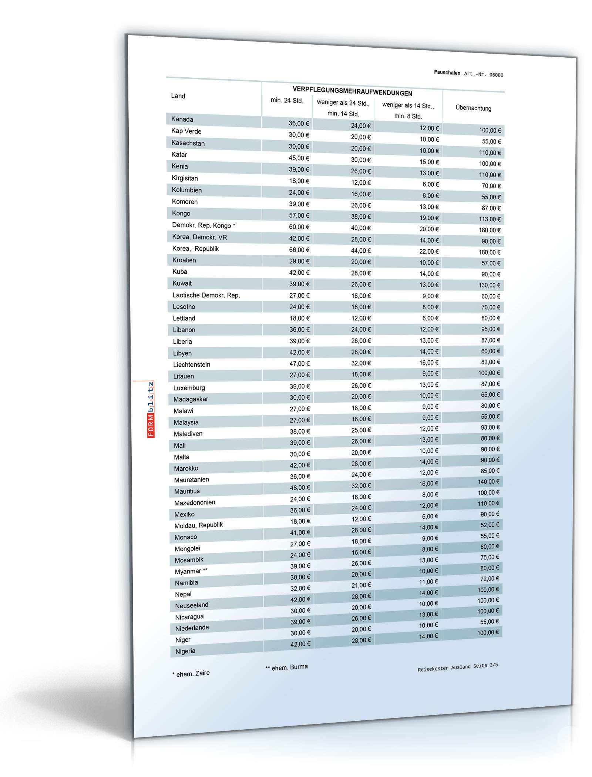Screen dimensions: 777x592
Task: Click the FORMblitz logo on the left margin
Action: coord(151,409)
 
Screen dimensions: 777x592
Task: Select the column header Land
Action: coord(178,96)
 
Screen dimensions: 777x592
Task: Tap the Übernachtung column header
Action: coord(473,108)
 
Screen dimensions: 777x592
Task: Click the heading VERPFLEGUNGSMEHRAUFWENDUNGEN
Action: coord(352,91)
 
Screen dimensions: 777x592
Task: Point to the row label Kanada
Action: coord(182,119)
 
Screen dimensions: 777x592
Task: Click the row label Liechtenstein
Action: coord(192,364)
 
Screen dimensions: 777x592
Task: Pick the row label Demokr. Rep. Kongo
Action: coord(203,225)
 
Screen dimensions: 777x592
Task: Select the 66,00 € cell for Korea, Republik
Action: coord(299,250)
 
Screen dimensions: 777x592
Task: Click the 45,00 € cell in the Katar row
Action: coord(299,158)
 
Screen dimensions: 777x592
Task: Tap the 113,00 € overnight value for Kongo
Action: coord(490,219)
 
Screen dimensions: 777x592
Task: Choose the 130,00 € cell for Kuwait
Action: coord(489,285)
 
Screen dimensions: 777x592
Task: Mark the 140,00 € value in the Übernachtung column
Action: coord(488,482)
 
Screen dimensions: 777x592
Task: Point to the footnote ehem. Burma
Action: coord(287,667)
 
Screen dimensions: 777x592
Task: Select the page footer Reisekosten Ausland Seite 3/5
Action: coord(458,667)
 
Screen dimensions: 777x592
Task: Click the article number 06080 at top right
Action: coord(496,75)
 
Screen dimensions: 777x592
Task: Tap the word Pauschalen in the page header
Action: coord(447,73)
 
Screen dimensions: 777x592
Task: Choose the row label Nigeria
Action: coord(185,651)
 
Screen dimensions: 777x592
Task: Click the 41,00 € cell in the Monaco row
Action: coord(300,533)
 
